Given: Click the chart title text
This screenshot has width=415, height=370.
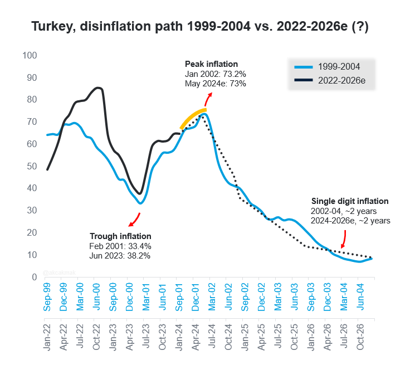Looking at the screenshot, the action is (200, 26).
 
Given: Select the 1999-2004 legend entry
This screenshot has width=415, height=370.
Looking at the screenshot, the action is (327, 67).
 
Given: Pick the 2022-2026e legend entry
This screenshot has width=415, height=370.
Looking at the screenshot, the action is (330, 80).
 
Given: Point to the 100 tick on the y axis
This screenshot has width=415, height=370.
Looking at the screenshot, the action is (30, 56).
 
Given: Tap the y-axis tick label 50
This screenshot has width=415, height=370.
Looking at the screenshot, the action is (32, 166).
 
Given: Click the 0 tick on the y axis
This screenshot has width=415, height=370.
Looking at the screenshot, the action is (35, 277).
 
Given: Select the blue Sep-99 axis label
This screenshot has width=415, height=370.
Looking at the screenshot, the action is (47, 297).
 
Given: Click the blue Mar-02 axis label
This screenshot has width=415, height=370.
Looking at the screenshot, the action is (212, 297).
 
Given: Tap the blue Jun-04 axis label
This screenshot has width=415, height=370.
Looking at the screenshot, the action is (360, 296).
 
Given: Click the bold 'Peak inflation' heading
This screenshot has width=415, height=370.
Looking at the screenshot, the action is (211, 64).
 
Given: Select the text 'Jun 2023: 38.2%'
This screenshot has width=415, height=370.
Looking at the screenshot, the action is (120, 256).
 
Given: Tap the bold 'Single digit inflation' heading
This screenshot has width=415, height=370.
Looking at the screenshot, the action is (350, 201).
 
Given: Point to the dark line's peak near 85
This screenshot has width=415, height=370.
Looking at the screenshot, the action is (98, 88).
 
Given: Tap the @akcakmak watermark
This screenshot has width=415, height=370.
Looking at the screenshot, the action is (59, 272).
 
